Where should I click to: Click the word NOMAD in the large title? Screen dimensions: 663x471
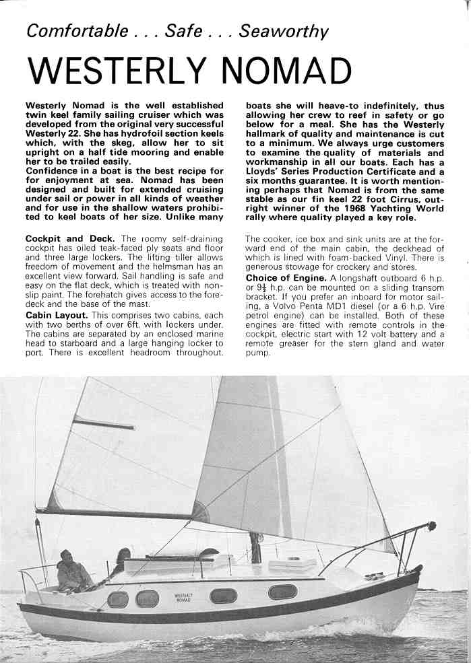point(296,71)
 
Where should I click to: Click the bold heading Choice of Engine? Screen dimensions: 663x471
point(286,278)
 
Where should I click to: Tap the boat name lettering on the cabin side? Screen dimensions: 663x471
point(183,598)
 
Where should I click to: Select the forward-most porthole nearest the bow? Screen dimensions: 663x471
point(282,592)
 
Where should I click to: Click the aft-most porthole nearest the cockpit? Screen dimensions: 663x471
point(118,599)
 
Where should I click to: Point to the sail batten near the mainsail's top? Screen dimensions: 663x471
point(104,423)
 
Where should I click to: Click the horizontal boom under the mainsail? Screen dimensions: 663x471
point(115,514)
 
